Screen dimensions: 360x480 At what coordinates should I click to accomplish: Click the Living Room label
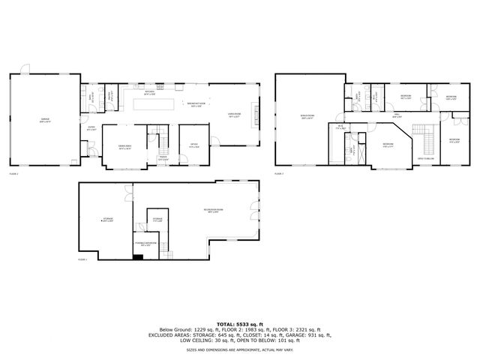(234, 115)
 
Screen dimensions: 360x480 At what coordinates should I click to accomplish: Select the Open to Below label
(425, 157)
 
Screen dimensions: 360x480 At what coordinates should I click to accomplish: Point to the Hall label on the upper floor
(395, 115)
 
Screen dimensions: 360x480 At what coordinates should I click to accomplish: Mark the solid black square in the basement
(137, 256)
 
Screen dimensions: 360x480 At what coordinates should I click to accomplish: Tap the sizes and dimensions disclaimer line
(240, 349)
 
